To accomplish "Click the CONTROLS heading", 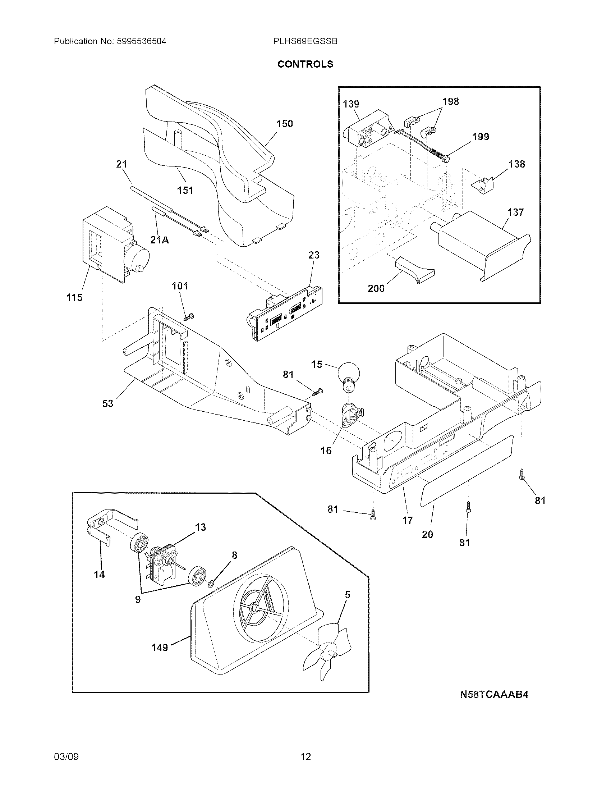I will pyautogui.click(x=305, y=64).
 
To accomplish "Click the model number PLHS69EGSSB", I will pyautogui.click(x=305, y=42).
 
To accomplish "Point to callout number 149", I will pyautogui.click(x=160, y=647).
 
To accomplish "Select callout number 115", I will pyautogui.click(x=74, y=298).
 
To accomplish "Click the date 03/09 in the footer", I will pyautogui.click(x=66, y=756).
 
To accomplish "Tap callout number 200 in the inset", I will pyautogui.click(x=376, y=288).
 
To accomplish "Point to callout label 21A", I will pyautogui.click(x=160, y=239).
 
